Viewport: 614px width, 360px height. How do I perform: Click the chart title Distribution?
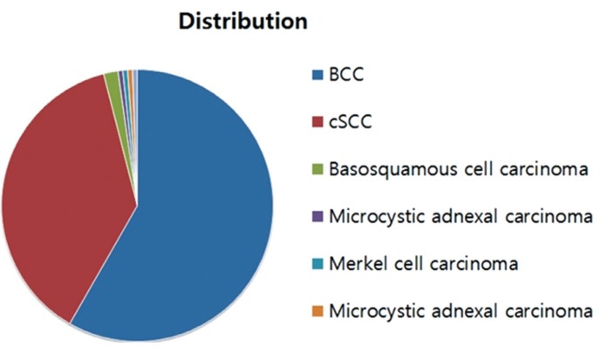[x=242, y=22]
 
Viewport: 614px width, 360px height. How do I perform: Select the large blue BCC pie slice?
[x=195, y=219]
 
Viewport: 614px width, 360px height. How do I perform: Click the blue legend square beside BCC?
[x=317, y=75]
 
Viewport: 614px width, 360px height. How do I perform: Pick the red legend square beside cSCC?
[x=317, y=122]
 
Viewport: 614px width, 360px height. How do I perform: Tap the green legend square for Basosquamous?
[x=317, y=169]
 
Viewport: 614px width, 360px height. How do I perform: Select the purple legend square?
[x=317, y=217]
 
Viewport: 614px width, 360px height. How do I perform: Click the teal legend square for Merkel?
[x=317, y=264]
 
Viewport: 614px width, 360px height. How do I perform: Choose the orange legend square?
[x=317, y=311]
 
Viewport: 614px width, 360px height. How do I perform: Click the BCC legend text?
[x=346, y=75]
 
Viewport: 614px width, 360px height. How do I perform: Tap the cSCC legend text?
[x=350, y=122]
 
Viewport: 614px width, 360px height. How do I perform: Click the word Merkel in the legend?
[x=359, y=264]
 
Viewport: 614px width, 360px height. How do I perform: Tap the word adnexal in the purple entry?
[x=464, y=217]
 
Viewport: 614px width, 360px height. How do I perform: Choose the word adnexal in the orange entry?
[x=464, y=311]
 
